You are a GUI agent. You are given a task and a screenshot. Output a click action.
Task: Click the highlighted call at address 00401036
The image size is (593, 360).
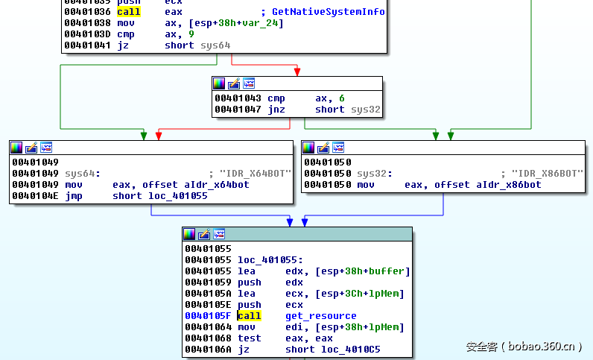coord(128,12)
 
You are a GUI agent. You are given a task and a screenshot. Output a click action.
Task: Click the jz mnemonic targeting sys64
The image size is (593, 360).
coord(122,45)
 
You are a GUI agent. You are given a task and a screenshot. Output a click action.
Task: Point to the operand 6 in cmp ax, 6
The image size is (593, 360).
coord(341,98)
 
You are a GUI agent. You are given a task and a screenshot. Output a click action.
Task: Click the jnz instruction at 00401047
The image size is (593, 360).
coord(276,110)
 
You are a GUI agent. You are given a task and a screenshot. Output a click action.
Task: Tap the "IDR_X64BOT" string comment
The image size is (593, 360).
coord(253,174)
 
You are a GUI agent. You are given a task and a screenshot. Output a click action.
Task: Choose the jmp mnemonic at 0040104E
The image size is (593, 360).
coord(73,196)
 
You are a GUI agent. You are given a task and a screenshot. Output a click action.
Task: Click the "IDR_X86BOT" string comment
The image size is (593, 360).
coord(547,174)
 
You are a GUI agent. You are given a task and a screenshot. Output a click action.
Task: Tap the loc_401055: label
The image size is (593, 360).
coord(269,259)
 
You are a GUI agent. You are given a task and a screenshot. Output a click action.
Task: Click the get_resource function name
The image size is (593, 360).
coord(320,316)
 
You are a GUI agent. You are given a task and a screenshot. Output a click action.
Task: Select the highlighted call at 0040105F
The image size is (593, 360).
coord(249,316)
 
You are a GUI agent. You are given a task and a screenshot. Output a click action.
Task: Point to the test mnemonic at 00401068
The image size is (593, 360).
coord(249,338)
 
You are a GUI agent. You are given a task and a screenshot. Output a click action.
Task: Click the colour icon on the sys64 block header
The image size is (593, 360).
coord(16,148)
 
